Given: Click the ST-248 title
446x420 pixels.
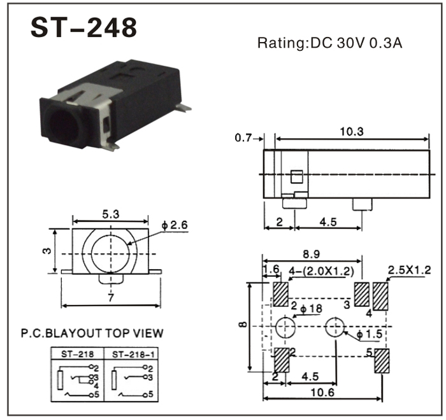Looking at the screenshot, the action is coord(83,27).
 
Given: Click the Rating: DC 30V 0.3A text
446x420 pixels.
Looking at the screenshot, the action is coord(329,43).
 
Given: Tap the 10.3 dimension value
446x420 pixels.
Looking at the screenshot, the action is coord(352,132).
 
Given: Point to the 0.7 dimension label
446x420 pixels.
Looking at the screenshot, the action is coord(243,138).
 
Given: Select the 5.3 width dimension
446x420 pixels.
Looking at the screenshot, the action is coord(111,214).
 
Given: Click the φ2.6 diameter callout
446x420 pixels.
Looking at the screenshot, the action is coord(175,225).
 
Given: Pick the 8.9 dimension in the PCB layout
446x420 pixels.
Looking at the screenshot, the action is coord(311,254).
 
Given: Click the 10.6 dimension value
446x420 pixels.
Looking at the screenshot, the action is coord(322,393).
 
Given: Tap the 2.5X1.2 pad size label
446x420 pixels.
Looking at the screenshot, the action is coord(410,270).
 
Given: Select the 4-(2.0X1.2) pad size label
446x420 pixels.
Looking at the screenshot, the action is coord(321,271).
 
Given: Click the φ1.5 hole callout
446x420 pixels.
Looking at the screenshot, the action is coord(369,335).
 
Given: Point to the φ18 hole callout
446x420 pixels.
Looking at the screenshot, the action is coord(311,309).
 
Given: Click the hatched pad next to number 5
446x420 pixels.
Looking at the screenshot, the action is coord(382,361).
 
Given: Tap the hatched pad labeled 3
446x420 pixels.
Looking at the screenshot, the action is coord(361,295).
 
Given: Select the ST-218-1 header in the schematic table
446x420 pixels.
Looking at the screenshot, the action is coord(133,354).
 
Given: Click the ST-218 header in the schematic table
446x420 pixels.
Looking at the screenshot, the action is coord(77,354).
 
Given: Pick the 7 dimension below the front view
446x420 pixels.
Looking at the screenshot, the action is coord(111,298).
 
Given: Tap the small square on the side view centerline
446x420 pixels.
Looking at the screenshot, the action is coord(297,177).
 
